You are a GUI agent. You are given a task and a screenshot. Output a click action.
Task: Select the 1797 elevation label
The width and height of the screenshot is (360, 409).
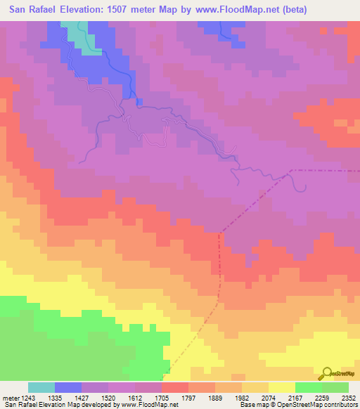[188, 397]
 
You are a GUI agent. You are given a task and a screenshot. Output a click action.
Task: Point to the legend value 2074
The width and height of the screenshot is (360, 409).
[269, 397]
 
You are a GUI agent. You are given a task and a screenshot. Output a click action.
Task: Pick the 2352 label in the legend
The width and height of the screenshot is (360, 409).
[348, 397]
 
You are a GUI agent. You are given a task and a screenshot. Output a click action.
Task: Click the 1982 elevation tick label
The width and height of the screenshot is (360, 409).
[241, 397]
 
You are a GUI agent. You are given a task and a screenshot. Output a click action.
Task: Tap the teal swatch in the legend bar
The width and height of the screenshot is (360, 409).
[41, 387]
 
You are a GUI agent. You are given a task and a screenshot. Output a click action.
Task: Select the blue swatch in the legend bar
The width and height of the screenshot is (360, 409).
[68, 387]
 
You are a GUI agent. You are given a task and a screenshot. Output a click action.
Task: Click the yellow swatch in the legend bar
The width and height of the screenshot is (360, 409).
[282, 387]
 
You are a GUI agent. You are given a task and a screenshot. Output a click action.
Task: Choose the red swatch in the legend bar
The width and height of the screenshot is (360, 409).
[175, 387]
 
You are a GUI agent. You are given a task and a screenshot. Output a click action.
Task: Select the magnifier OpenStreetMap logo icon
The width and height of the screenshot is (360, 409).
[326, 372]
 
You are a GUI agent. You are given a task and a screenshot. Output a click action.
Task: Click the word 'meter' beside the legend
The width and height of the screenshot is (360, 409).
[10, 397]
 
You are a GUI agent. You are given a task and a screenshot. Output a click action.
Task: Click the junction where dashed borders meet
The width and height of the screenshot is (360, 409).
[290, 171]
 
